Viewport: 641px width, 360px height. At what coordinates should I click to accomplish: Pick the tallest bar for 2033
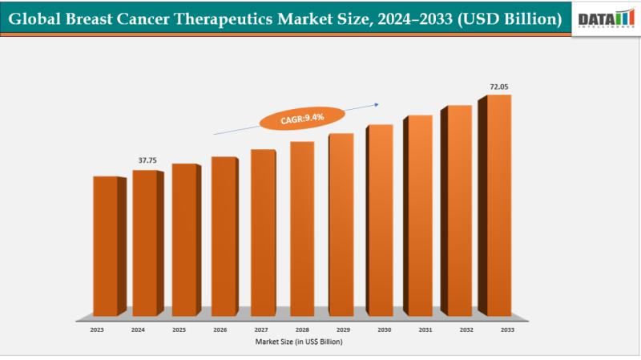498,204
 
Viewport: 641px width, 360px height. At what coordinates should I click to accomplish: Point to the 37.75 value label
147,160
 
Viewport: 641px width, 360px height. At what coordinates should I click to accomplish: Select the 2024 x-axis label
138,329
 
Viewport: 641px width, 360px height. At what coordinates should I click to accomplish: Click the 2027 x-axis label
261,329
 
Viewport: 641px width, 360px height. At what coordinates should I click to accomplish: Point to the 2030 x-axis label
384,329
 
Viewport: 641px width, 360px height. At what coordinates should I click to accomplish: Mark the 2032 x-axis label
466,329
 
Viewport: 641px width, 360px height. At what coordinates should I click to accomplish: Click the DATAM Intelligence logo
607,18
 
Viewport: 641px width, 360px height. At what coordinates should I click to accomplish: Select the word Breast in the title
92,18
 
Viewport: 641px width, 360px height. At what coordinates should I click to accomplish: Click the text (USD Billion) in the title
510,18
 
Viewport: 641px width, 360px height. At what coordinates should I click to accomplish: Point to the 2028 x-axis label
302,329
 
